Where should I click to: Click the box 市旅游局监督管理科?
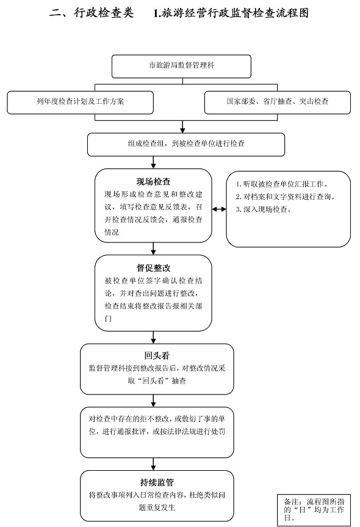pos(181,66)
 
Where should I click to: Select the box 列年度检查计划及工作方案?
pos(81,102)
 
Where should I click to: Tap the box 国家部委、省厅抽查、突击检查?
pos(278,102)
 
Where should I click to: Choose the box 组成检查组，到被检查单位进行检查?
pos(186,145)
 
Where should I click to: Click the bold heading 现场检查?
pos(154,182)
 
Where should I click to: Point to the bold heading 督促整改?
pos(154,268)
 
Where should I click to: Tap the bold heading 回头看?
pos(157,355)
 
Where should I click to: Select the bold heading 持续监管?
pos(157,482)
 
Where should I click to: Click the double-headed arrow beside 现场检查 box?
pos(219,209)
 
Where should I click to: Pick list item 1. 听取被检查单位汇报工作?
pos(282,184)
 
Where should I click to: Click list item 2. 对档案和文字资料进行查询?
pos(286,197)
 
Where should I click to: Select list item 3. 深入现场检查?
pos(263,209)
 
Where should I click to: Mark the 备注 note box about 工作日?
pos(314,510)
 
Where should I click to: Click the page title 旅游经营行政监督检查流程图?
pos(231,13)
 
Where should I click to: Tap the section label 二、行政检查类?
pos(92,13)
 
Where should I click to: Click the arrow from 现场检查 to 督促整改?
pos(154,249)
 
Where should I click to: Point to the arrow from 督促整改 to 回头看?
pos(154,337)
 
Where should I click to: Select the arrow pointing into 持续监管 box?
pos(154,464)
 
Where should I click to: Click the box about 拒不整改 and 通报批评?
pos(157,432)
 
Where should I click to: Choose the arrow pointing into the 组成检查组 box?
pos(182,126)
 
